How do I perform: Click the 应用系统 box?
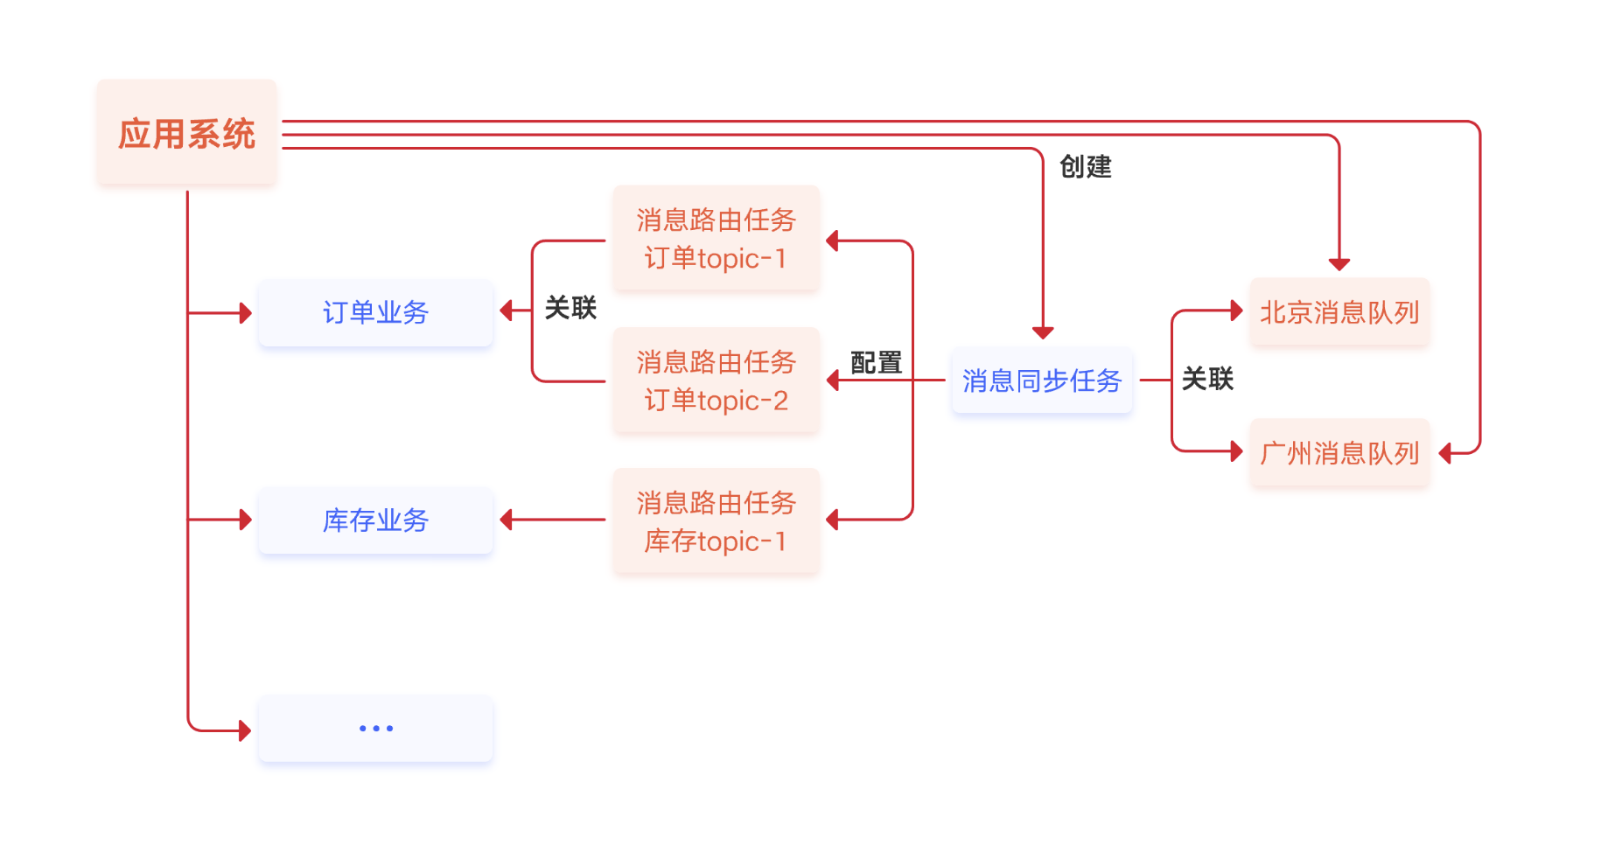pyautogui.click(x=186, y=133)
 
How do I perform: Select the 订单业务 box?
pyautogui.click(x=375, y=312)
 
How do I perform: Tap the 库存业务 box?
pyautogui.click(x=375, y=520)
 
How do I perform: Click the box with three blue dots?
pyautogui.click(x=375, y=728)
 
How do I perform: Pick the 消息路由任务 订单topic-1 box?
pyautogui.click(x=716, y=238)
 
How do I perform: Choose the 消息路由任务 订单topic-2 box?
pyautogui.click(x=716, y=381)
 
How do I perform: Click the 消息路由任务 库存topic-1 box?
pyautogui.click(x=716, y=521)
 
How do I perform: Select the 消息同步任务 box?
pyautogui.click(x=1041, y=381)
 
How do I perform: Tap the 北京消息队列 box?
pyautogui.click(x=1339, y=312)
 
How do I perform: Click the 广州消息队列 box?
pyautogui.click(x=1339, y=453)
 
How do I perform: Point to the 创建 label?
pyautogui.click(x=1085, y=166)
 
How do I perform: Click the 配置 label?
pyautogui.click(x=876, y=362)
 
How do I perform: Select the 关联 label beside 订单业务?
pyautogui.click(x=570, y=308)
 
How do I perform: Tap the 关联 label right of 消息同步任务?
pyautogui.click(x=1207, y=379)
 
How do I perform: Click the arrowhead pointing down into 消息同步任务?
pyautogui.click(x=1042, y=332)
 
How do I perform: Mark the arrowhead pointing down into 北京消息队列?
pyautogui.click(x=1339, y=264)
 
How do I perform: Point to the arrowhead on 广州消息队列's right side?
pyautogui.click(x=1445, y=453)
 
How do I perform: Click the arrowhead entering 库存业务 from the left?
pyautogui.click(x=246, y=520)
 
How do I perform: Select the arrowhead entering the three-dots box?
pyautogui.click(x=246, y=730)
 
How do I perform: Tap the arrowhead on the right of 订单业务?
pyautogui.click(x=506, y=311)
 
